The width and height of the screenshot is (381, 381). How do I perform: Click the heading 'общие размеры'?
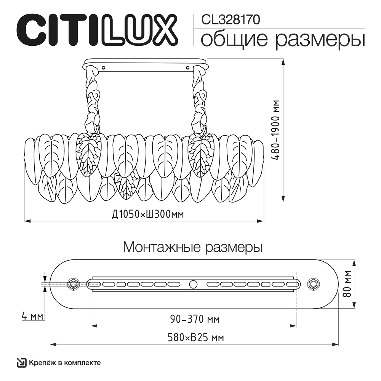click(x=282, y=40)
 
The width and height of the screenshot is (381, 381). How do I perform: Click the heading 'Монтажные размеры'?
click(x=193, y=247)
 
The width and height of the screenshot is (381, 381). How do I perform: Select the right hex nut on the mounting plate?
click(x=314, y=284)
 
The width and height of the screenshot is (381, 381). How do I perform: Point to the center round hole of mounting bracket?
click(x=193, y=284)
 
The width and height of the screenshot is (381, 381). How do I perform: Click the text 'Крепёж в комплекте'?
click(x=65, y=362)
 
